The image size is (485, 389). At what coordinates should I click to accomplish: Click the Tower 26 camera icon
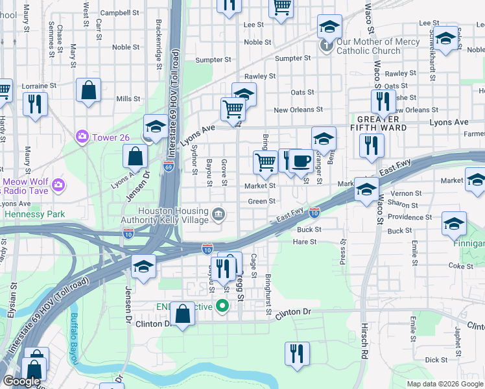click(82, 137)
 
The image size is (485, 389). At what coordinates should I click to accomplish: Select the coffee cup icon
click(299, 161)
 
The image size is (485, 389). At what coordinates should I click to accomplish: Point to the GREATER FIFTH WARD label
click(382, 123)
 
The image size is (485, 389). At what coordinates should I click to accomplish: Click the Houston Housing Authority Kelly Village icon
click(219, 212)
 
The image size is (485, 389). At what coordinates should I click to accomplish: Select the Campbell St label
click(120, 12)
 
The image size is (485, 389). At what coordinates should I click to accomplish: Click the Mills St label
click(128, 99)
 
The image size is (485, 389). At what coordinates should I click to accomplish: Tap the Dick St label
click(436, 360)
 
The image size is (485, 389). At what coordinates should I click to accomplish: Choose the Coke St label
click(461, 266)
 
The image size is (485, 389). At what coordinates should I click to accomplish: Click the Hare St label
click(304, 242)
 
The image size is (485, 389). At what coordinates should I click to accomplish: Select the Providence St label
click(410, 218)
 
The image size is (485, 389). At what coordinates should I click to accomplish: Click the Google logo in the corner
click(21, 382)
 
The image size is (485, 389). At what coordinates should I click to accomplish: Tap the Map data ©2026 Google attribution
click(445, 384)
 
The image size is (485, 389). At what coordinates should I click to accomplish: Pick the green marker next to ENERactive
click(223, 305)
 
